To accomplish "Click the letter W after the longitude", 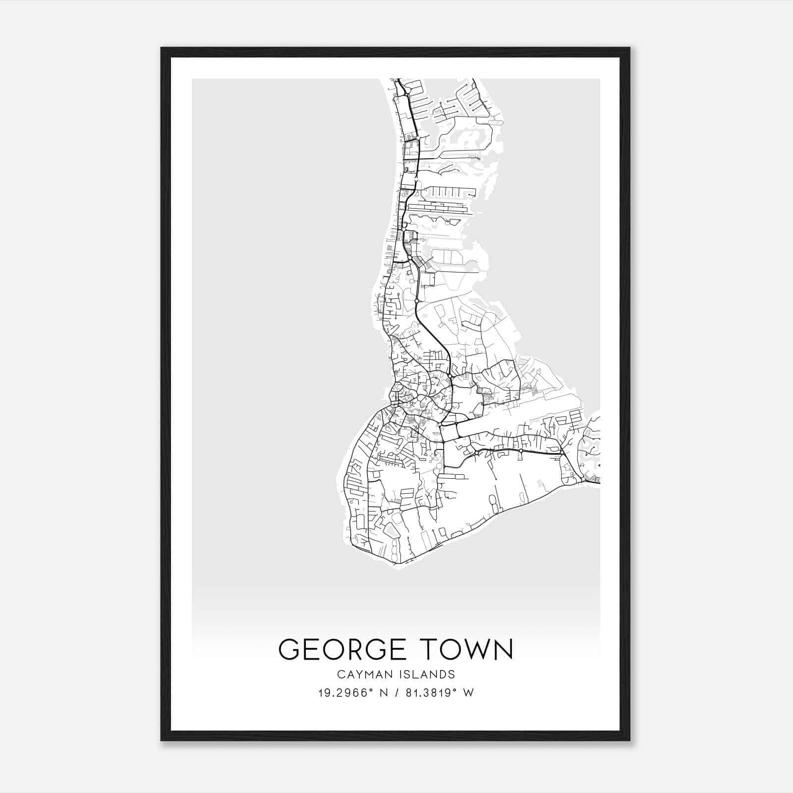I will pos(469,693).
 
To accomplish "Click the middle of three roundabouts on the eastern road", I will pos(521,452).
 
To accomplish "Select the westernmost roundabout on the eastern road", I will pos(476,452).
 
